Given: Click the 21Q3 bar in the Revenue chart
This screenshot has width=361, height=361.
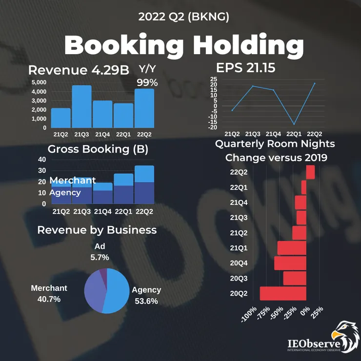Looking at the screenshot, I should (x=82, y=106).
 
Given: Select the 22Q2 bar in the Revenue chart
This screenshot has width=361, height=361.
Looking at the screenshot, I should (x=144, y=108).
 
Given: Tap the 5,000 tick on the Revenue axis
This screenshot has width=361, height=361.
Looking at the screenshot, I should (x=39, y=82).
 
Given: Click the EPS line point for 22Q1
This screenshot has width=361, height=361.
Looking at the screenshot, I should (x=294, y=124).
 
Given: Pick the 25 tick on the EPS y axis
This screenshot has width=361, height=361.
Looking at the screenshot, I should (x=214, y=79).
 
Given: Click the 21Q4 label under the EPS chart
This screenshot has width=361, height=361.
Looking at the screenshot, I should (x=273, y=134).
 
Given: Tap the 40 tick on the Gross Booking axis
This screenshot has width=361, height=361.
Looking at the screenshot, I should (x=42, y=160).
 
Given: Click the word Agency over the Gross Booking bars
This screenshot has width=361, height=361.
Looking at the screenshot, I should (x=65, y=193).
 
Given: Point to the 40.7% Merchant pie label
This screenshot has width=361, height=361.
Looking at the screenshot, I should (x=49, y=299).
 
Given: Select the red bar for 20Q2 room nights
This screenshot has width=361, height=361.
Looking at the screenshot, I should (x=283, y=293).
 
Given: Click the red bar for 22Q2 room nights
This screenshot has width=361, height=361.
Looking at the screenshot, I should (x=311, y=172).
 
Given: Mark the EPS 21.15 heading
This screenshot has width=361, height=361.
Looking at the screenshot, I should (x=246, y=68).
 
